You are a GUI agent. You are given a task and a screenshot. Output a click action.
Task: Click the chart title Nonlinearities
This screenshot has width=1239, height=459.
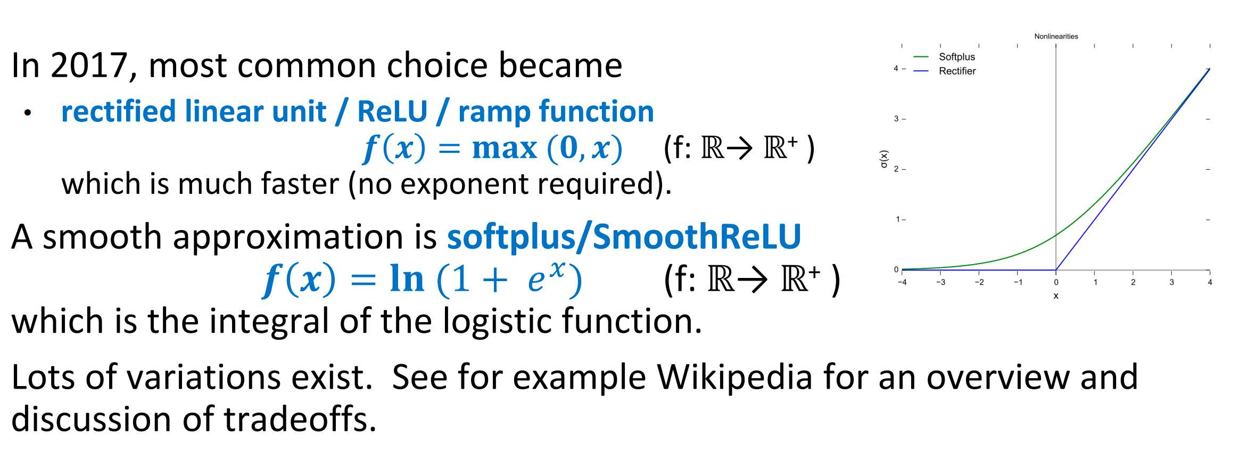(x=1056, y=36)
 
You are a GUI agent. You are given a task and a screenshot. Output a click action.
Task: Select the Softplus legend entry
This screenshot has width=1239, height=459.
(x=956, y=57)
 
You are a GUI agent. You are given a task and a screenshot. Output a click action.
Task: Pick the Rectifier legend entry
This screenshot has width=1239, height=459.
(x=957, y=71)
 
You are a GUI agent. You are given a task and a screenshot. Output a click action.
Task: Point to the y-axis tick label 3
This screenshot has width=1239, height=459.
(x=896, y=119)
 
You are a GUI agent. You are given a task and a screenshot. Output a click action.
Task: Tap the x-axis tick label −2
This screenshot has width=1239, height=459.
(x=979, y=282)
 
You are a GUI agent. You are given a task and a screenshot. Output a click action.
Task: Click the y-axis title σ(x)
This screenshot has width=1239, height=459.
(x=884, y=159)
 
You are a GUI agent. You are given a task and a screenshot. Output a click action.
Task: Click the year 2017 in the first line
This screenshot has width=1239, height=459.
(x=88, y=66)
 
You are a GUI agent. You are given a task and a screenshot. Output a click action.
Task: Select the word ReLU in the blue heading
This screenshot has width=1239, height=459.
(x=392, y=112)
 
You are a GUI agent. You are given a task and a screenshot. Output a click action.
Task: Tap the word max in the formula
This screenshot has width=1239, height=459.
(x=504, y=148)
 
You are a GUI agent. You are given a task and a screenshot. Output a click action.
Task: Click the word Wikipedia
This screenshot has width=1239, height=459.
(x=734, y=377)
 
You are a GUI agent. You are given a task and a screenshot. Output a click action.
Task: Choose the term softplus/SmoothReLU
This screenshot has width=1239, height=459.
(x=624, y=236)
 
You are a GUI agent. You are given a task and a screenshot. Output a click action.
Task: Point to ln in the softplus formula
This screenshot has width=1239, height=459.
(x=407, y=279)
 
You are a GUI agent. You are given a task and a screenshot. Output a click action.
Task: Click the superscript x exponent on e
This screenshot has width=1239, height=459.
(x=557, y=269)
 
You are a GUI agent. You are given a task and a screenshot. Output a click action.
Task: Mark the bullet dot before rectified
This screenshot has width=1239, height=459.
(x=28, y=112)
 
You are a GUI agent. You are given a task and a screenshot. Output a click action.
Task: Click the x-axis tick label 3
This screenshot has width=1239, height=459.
(x=1171, y=282)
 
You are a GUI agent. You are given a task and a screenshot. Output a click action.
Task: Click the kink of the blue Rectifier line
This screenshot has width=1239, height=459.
(x=1056, y=269)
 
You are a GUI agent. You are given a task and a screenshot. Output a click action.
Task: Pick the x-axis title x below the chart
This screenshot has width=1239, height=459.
(x=1056, y=296)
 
